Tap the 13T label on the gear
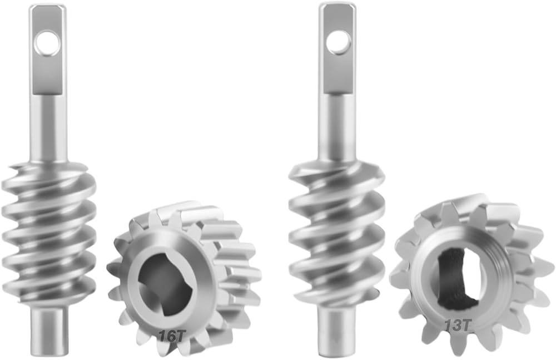(x=458, y=325)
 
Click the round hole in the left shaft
(x=47, y=43)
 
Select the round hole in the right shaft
(x=339, y=43)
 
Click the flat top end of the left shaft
(x=47, y=6)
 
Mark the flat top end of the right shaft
(x=337, y=5)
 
